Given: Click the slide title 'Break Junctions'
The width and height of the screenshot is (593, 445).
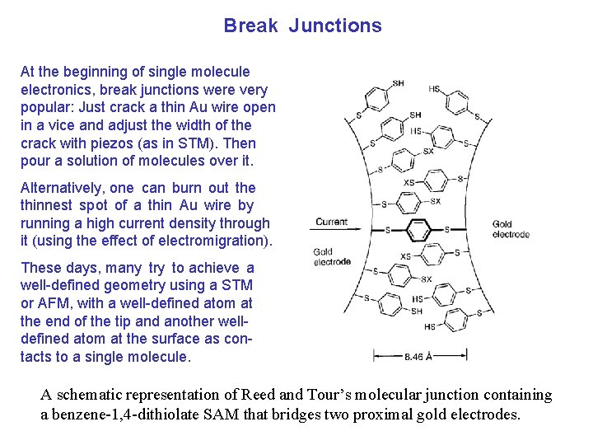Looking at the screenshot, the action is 302,26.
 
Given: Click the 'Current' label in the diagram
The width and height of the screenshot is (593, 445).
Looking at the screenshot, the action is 331,222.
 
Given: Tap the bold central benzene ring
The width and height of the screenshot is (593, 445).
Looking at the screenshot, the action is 418,229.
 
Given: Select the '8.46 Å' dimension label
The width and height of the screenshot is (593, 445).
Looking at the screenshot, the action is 420,357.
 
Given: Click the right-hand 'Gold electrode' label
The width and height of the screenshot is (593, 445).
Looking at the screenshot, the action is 511,229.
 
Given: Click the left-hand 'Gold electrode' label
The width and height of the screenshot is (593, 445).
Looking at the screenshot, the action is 332,257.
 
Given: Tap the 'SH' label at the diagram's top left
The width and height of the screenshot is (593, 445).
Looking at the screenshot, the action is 398,83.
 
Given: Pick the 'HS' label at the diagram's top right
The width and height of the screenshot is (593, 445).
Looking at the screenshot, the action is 434,87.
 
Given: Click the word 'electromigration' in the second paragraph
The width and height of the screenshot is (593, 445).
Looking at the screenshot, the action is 217,241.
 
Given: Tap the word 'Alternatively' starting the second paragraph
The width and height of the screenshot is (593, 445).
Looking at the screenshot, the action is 58,188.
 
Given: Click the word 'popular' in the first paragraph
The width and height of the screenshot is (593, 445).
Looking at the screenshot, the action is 44,107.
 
